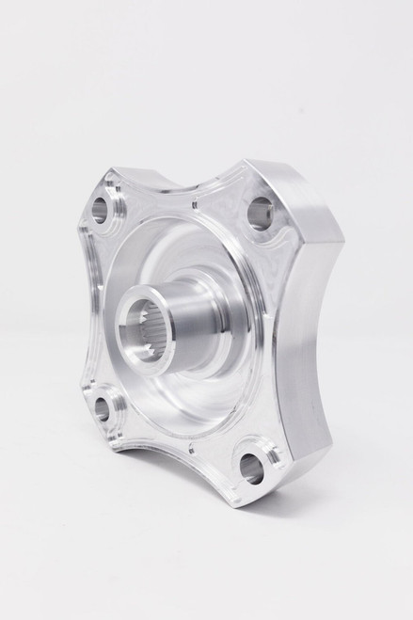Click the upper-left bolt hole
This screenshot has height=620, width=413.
99,210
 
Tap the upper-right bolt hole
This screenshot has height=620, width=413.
261,215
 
